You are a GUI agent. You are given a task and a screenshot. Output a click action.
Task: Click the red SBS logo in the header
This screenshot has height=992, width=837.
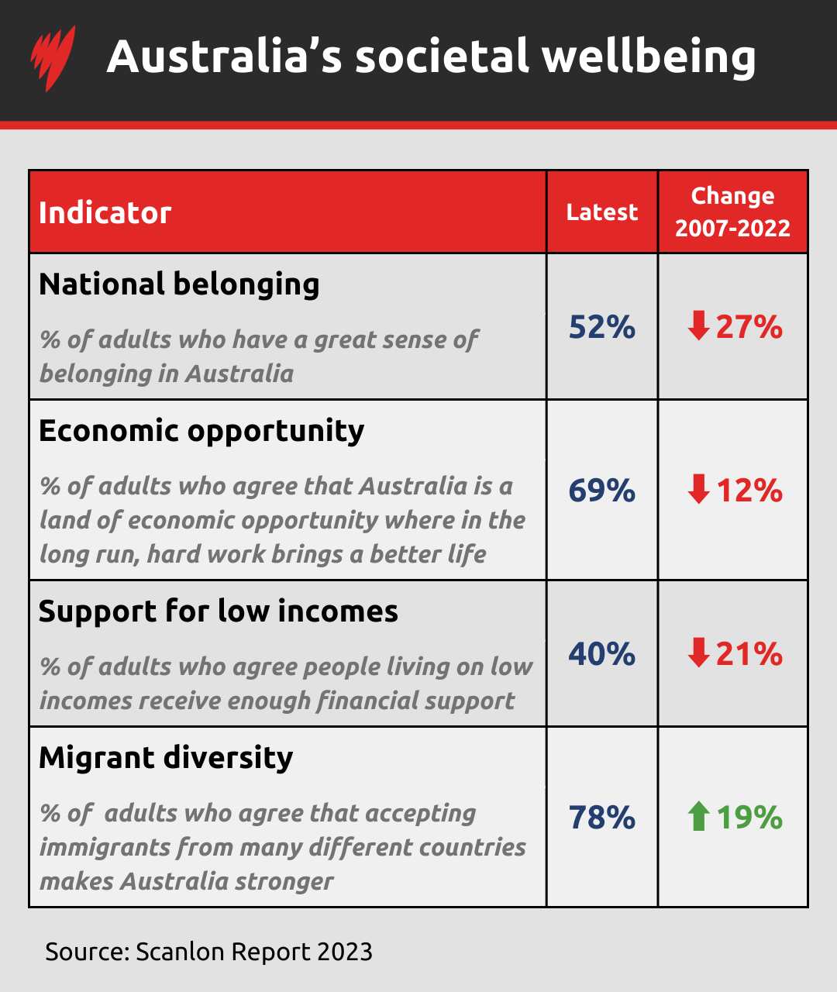tap(53, 58)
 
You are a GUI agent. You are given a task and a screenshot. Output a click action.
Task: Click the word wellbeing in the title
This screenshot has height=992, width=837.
tap(649, 57)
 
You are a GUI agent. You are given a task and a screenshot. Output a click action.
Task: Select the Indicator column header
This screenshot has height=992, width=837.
tap(105, 212)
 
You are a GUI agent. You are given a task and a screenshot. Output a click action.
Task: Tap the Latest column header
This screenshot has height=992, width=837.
tap(602, 212)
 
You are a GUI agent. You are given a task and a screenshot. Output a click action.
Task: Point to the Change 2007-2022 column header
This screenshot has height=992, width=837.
tap(732, 212)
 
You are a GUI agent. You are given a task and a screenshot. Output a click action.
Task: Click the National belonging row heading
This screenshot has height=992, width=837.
tap(179, 284)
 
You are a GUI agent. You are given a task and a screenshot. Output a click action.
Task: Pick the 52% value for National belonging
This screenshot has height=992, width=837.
tap(602, 327)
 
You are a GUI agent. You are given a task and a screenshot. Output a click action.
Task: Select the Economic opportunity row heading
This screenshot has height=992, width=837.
tap(201, 431)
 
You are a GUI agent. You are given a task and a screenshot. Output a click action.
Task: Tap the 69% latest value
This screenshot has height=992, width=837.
tap(602, 491)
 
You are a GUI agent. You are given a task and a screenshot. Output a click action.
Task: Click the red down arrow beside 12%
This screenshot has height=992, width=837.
tap(698, 491)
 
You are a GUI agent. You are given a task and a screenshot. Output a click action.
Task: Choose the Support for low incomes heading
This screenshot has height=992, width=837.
tap(219, 611)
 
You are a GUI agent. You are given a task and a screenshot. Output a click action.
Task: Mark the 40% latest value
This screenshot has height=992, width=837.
tap(602, 654)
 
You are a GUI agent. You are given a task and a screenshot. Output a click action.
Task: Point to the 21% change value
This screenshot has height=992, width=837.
tap(749, 654)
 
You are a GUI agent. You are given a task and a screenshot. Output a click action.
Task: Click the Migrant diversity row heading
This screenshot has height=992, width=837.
tap(166, 757)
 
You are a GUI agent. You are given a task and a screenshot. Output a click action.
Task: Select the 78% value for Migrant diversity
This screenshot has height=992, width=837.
tap(602, 818)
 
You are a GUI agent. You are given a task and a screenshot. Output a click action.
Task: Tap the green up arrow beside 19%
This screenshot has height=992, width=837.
tap(698, 818)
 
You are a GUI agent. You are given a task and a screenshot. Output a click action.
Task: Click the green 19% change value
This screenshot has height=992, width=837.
tap(749, 818)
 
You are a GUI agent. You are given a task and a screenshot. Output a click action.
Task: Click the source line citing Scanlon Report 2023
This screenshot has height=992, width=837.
tap(209, 951)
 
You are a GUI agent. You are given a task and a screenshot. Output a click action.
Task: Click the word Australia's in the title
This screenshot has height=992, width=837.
tap(224, 57)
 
